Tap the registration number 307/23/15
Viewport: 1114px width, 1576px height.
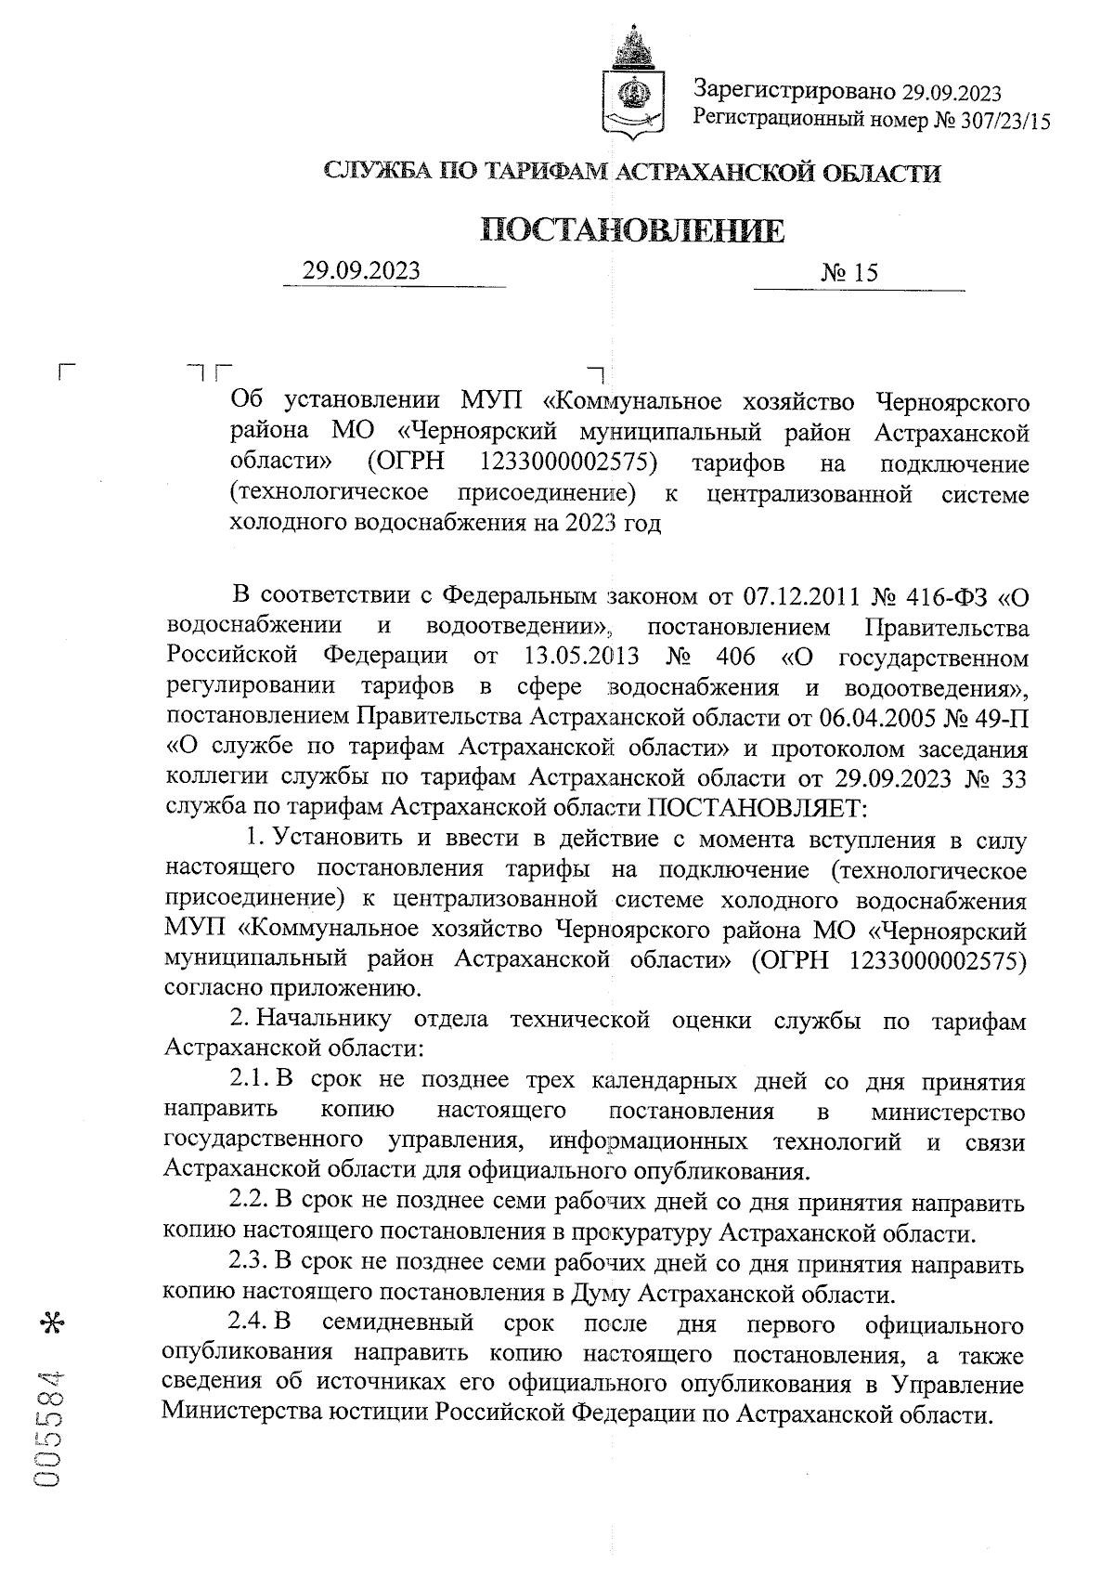(x=999, y=120)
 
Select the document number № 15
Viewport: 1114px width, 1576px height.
(x=848, y=273)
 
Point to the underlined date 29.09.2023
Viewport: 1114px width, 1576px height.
(x=361, y=270)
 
